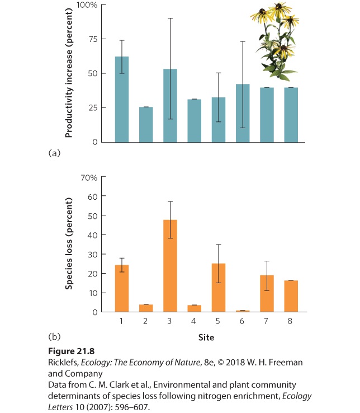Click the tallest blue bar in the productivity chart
(122, 99)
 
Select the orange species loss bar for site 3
(170, 266)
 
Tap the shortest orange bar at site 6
(243, 311)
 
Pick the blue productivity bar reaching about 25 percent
(146, 125)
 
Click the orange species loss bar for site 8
(291, 296)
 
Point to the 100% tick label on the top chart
(87, 5)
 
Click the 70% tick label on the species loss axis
(89, 178)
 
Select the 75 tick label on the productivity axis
(93, 39)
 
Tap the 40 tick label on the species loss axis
(93, 235)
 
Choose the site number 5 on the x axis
(217, 321)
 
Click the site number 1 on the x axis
(121, 321)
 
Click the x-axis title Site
(206, 337)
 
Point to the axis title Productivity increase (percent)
(69, 73)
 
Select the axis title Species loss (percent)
(69, 243)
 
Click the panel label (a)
(54, 153)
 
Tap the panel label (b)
(54, 336)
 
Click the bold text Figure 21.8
(72, 351)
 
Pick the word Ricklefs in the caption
(63, 363)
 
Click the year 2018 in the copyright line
(235, 363)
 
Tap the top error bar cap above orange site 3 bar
(170, 201)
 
